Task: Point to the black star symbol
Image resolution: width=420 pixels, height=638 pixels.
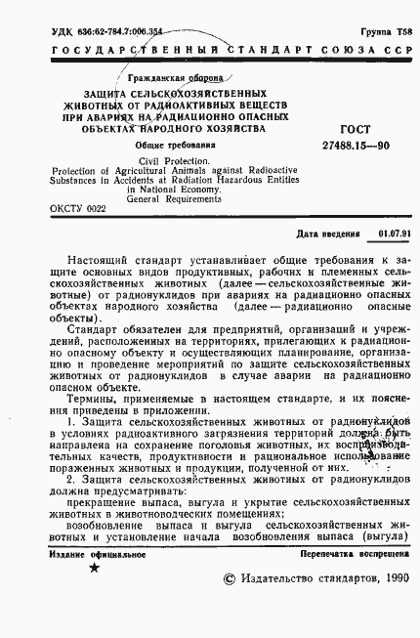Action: click(94, 567)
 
